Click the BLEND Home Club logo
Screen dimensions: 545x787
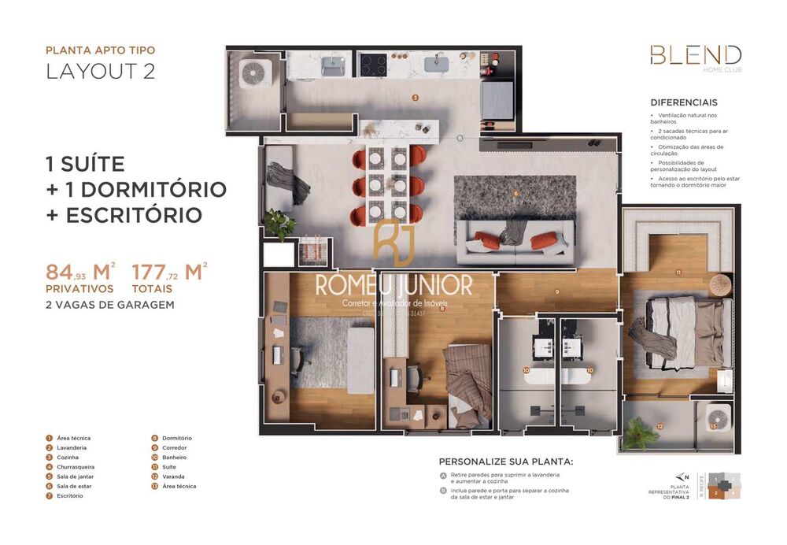coord(695,57)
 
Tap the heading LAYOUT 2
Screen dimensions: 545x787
coord(100,71)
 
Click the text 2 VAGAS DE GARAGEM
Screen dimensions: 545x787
coord(110,304)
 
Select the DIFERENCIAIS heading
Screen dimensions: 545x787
coord(683,102)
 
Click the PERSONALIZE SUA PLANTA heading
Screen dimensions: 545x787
coord(506,462)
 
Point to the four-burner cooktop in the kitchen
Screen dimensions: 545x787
coord(374,64)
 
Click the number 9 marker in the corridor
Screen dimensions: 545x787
coord(556,292)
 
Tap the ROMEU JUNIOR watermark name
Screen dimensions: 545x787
coord(393,285)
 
